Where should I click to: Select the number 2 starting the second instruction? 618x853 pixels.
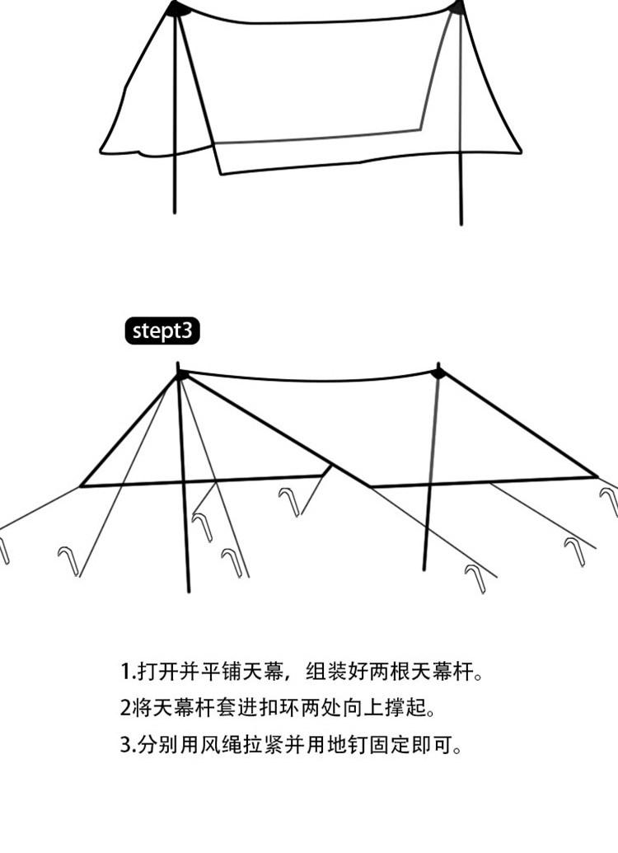point(124,708)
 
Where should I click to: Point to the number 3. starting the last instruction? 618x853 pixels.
point(127,745)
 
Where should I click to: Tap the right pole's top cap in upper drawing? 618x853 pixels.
point(458,7)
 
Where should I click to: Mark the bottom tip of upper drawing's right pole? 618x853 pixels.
point(461,223)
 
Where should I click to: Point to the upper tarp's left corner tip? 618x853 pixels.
point(101,152)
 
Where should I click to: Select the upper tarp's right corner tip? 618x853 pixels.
point(521,152)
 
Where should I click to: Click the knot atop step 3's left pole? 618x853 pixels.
point(181,376)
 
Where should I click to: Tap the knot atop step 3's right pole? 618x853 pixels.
point(438,373)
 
